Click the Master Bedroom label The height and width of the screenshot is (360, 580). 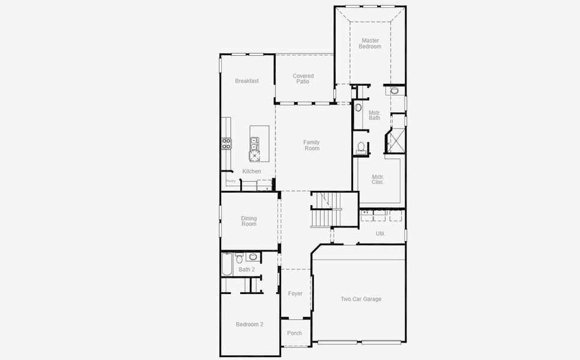pyautogui.click(x=370, y=43)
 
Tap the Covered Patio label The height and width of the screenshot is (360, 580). pyautogui.click(x=303, y=79)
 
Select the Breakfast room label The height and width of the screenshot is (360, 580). pyautogui.click(x=247, y=81)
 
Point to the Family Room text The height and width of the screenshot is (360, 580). pyautogui.click(x=311, y=145)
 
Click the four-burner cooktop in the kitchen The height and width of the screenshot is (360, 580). pyautogui.click(x=226, y=143)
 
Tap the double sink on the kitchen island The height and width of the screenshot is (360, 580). pyautogui.click(x=255, y=143)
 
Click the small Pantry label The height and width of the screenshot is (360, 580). pyautogui.click(x=231, y=181)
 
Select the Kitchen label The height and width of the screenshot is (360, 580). pyautogui.click(x=252, y=172)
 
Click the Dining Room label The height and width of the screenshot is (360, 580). pyautogui.click(x=249, y=221)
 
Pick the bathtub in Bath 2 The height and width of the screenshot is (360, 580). pyautogui.click(x=226, y=264)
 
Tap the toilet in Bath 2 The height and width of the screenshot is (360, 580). pyautogui.click(x=239, y=259)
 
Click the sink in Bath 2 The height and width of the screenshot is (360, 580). pyautogui.click(x=253, y=257)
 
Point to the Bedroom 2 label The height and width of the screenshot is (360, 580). pyautogui.click(x=249, y=325)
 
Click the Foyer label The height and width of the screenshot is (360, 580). pyautogui.click(x=295, y=294)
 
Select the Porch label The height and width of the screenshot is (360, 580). pyautogui.click(x=294, y=334)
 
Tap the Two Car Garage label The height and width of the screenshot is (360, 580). pyautogui.click(x=361, y=299)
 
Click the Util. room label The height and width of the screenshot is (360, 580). pyautogui.click(x=380, y=233)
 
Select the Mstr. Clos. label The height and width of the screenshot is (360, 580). pyautogui.click(x=378, y=179)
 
